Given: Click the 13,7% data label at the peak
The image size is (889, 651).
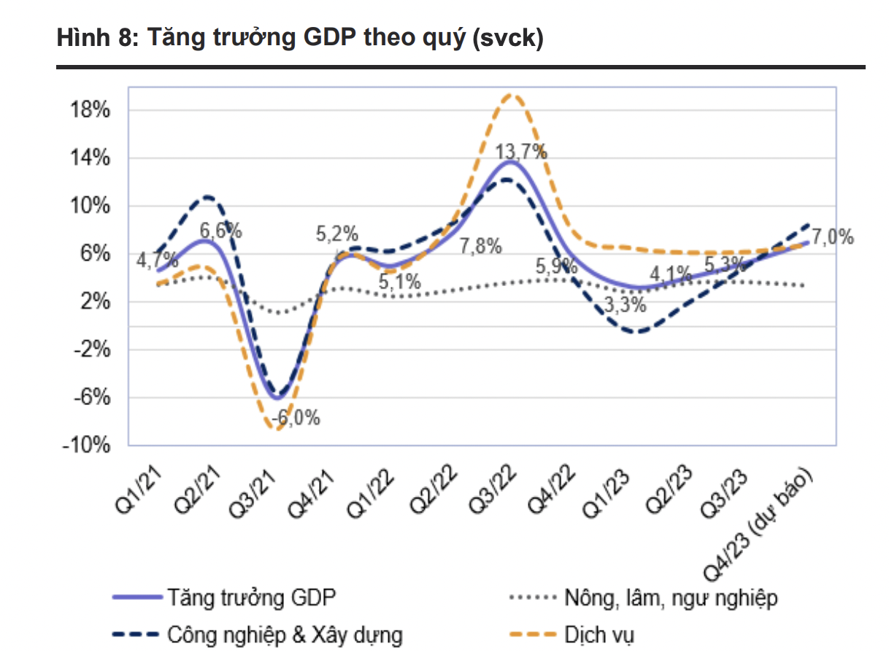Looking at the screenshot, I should coord(520,153).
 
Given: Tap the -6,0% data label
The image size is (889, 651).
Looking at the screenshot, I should coord(296,419).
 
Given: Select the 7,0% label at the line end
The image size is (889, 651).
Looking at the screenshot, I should coord(832,237).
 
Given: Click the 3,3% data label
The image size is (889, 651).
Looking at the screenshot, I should coord(625,304).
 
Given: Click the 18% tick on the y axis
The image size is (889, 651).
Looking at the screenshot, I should coord(91,111).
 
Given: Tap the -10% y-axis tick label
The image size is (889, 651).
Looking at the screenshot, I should coord(86,445).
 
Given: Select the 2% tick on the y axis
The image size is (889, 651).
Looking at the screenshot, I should coord(95,302).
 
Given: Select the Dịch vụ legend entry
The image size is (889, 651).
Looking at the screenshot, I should coord(599,633).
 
